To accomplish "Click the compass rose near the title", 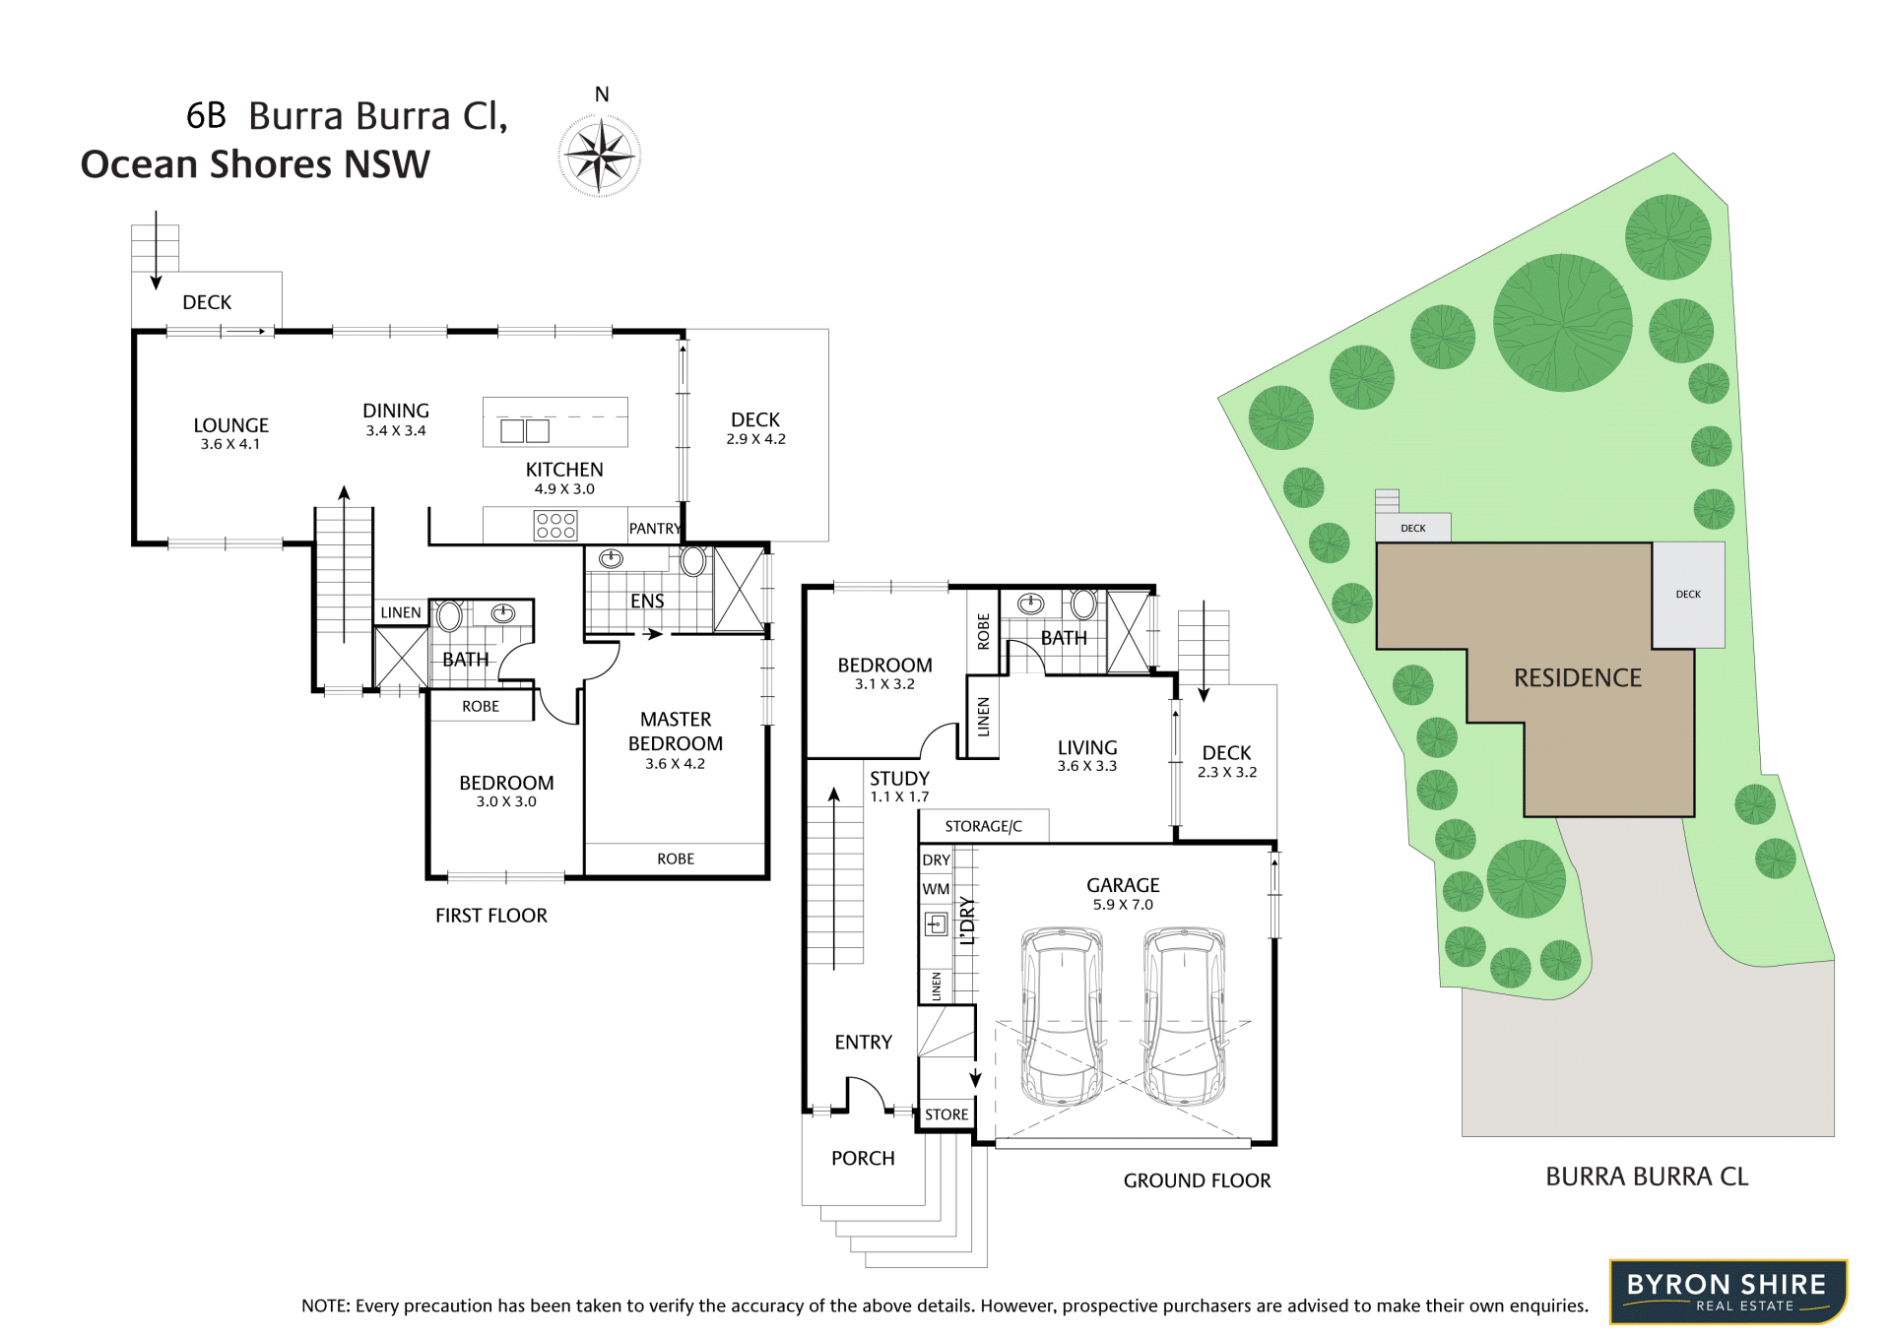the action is pyautogui.click(x=600, y=156).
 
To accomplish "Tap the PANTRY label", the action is pyautogui.click(x=655, y=529).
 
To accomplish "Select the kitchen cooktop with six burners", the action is pyautogui.click(x=555, y=525).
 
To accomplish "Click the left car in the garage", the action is pyautogui.click(x=1062, y=1015).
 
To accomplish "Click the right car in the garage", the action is pyautogui.click(x=1185, y=1015).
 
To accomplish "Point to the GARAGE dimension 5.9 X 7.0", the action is pyautogui.click(x=1123, y=905).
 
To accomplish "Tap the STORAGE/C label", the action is pyautogui.click(x=983, y=827).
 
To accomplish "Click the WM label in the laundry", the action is pyautogui.click(x=936, y=889).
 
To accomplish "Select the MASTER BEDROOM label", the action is pyautogui.click(x=676, y=732).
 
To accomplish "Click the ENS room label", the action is pyautogui.click(x=647, y=601).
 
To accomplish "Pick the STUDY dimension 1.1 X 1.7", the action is pyautogui.click(x=899, y=797).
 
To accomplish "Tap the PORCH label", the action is pyautogui.click(x=863, y=1159).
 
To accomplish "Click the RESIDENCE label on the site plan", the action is pyautogui.click(x=1578, y=678).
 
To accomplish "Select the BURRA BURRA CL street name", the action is pyautogui.click(x=1647, y=1177).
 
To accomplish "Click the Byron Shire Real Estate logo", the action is pyautogui.click(x=1728, y=1291).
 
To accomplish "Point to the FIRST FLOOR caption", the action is pyautogui.click(x=491, y=916).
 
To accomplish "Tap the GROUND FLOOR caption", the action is pyautogui.click(x=1197, y=1180).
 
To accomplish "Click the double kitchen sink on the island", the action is pyautogui.click(x=525, y=430).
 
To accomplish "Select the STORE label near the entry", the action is pyautogui.click(x=946, y=1114).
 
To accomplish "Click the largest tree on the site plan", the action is pyautogui.click(x=1563, y=323).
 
